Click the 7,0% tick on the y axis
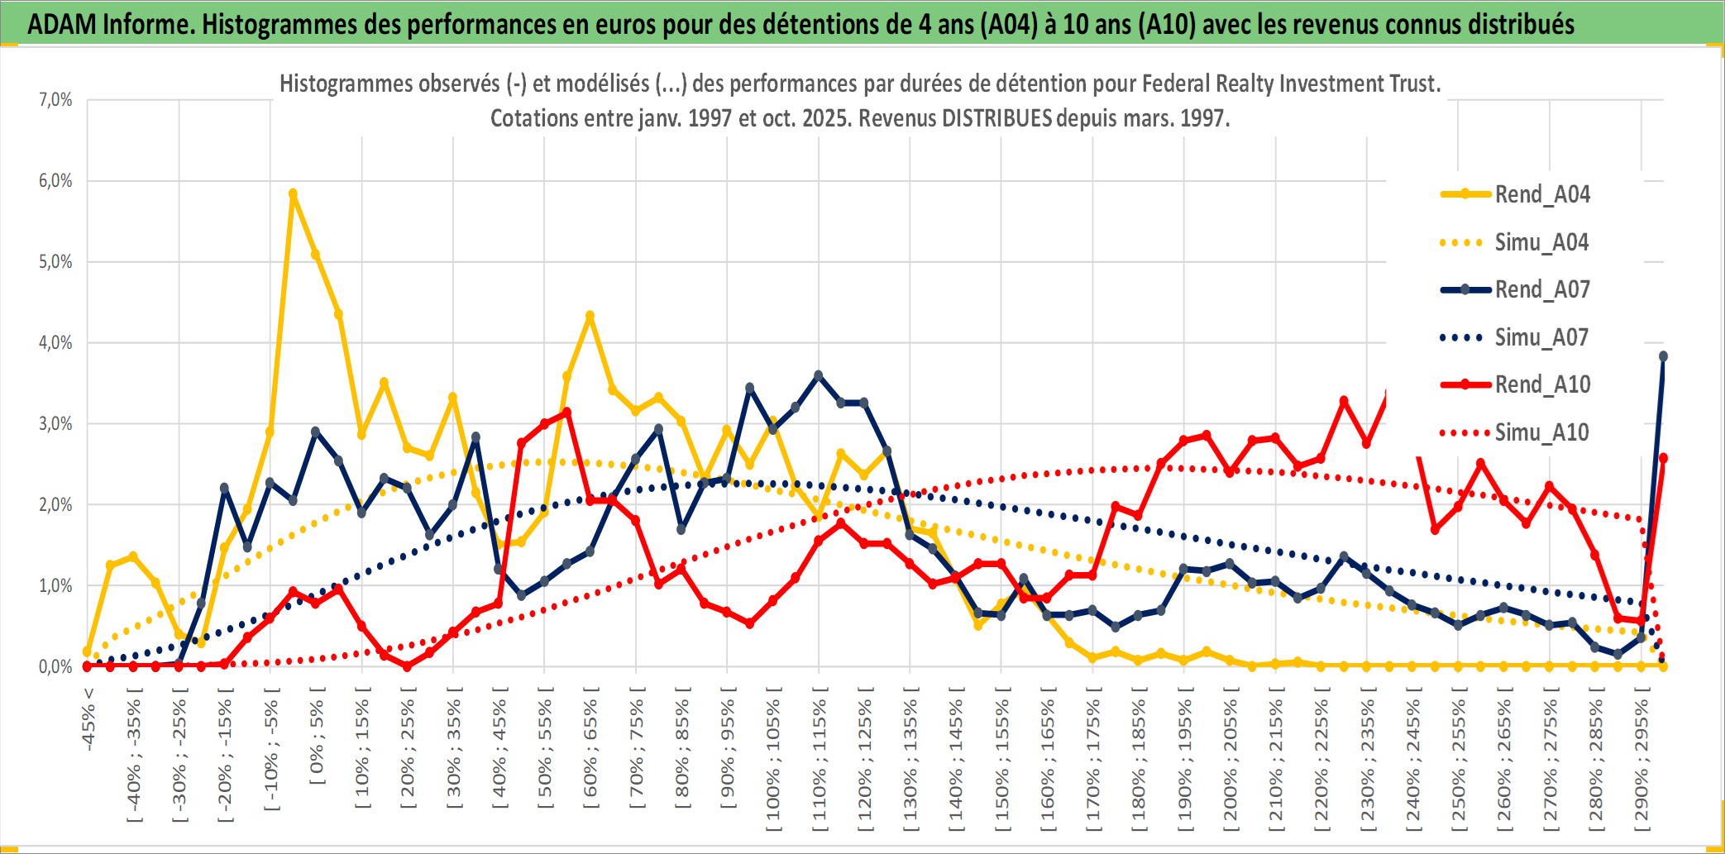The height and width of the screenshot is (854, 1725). (55, 100)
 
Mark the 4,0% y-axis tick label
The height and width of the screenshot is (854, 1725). (55, 342)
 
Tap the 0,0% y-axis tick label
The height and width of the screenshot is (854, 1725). (55, 666)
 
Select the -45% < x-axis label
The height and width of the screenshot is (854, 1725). (88, 719)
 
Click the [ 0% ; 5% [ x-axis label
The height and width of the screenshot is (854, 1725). (317, 736)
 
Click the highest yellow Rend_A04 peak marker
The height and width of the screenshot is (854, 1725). (293, 193)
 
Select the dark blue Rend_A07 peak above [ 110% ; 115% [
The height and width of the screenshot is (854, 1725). (819, 375)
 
